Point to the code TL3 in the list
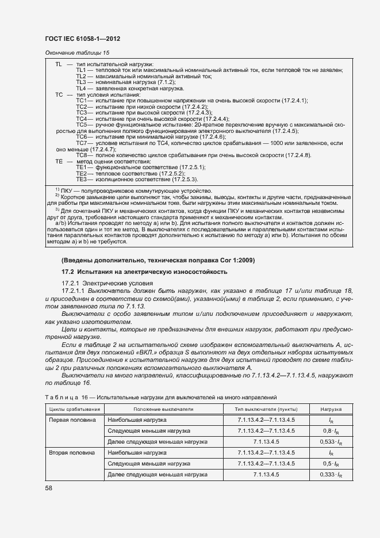click(81, 82)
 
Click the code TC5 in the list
click(81, 124)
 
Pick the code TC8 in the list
click(81, 155)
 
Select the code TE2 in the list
click(81, 173)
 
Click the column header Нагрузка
click(332, 409)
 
